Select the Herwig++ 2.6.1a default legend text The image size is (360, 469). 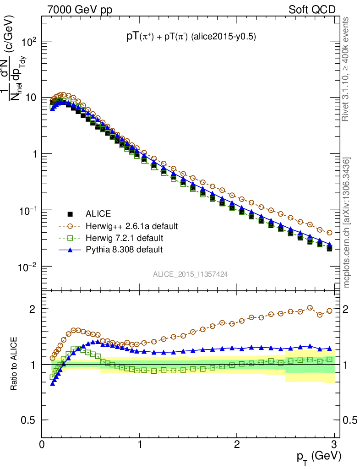[131, 226]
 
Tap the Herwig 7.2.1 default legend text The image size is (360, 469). [124, 238]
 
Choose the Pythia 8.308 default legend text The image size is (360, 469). [124, 250]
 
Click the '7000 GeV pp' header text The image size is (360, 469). [80, 10]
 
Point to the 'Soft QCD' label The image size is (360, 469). [312, 10]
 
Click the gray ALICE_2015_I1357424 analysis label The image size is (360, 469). [191, 274]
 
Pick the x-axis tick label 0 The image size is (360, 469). [42, 444]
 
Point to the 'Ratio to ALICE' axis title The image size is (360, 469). [14, 365]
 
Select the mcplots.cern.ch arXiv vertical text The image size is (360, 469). [347, 223]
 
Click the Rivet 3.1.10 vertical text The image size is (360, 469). [346, 69]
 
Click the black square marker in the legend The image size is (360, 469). [70, 214]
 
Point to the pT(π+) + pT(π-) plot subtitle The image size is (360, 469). [191, 38]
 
